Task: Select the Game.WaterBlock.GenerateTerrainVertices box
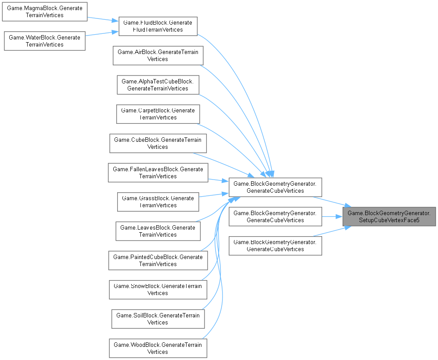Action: point(45,41)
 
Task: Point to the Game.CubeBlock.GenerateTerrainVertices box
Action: point(158,144)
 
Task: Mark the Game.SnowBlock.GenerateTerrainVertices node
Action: point(158,290)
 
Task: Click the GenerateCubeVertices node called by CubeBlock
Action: point(275,187)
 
